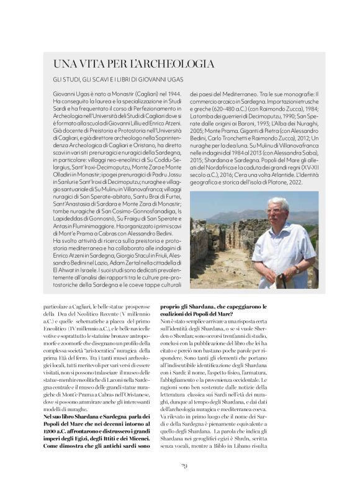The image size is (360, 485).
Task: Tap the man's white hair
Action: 278,202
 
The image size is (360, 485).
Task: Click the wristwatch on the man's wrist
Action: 297,269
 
